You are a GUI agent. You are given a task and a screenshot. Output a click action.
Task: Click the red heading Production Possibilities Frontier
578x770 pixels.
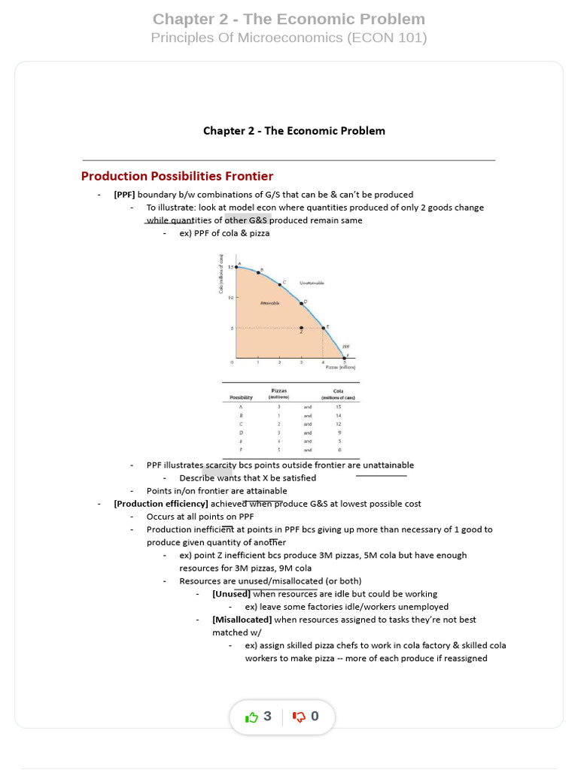coord(177,176)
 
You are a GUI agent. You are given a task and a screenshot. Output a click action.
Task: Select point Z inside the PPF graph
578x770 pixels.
coord(301,328)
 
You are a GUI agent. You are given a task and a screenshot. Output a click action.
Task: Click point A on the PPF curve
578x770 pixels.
coord(237,267)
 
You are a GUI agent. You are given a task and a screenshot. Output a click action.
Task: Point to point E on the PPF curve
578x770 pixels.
coord(324,327)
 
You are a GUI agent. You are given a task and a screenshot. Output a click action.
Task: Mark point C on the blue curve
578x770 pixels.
coord(280,284)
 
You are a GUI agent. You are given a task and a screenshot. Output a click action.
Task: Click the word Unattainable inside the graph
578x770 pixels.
coord(312,283)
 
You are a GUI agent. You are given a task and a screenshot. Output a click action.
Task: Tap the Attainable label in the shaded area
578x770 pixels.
coord(269,303)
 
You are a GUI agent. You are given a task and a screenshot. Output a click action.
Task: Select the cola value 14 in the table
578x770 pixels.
coord(339,415)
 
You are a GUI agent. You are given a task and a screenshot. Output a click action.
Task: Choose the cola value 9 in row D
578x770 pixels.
coord(339,432)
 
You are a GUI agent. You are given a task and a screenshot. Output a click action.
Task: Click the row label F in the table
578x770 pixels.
coord(241,450)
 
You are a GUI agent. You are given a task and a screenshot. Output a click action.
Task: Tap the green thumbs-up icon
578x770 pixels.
coord(251,717)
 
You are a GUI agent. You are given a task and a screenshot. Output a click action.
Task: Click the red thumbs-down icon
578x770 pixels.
coord(299,717)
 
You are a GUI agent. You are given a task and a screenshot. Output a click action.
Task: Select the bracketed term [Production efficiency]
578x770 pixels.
coord(161,504)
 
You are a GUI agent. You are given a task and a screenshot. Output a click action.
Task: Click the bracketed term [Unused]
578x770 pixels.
coord(231,594)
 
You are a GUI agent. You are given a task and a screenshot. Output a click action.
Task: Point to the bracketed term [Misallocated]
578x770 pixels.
coord(242,620)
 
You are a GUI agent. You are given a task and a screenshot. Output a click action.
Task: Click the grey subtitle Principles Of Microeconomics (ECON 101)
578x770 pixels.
coord(289,38)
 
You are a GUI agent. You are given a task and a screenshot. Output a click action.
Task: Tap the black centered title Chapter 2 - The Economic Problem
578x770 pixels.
coord(294,131)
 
